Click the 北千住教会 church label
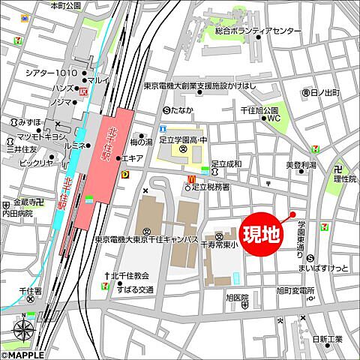130,276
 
